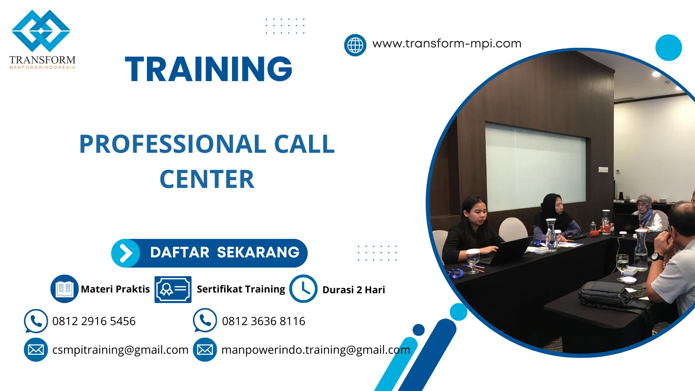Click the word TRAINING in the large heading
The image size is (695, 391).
click(208, 69)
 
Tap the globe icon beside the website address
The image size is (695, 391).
click(355, 45)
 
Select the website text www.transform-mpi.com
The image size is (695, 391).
click(447, 43)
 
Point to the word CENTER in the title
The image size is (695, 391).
click(207, 180)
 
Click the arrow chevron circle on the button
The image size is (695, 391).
click(126, 253)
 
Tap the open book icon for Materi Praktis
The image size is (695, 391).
click(64, 289)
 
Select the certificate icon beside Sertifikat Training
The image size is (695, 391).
click(173, 289)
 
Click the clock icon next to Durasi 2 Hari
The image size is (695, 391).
click(303, 289)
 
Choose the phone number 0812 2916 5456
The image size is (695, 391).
click(94, 321)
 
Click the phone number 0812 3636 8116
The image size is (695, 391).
click(264, 321)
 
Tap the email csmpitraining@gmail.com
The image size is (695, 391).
click(120, 350)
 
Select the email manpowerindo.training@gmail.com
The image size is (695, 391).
click(316, 350)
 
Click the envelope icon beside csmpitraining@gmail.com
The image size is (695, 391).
click(36, 350)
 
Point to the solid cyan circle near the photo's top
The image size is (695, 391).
click(668, 47)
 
